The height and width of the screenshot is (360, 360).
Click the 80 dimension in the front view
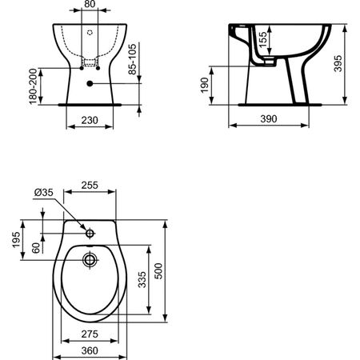click(91, 6)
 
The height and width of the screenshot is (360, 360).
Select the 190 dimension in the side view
click(204, 84)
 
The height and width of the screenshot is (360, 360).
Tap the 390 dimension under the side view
click(268, 119)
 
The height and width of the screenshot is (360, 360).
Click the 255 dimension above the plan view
click(90, 185)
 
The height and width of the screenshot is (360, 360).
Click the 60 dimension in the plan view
click(36, 247)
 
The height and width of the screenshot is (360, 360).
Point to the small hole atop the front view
click(90, 33)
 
